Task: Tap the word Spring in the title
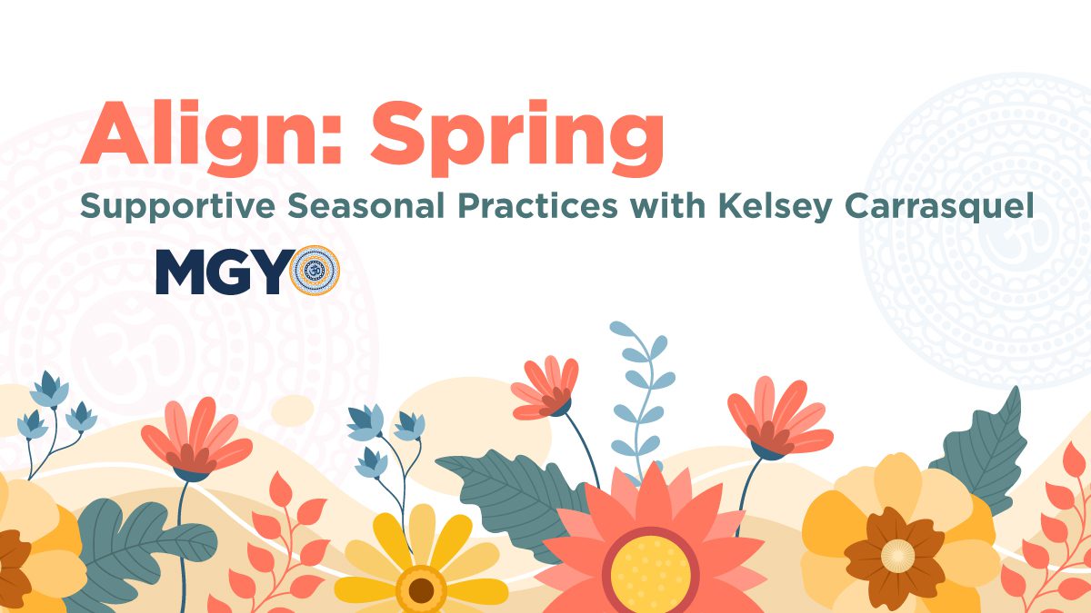point(517,139)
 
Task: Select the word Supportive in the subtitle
point(178,207)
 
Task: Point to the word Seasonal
point(365,205)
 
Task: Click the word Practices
point(537,205)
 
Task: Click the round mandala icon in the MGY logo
point(315,271)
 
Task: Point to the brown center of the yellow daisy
point(421,590)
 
